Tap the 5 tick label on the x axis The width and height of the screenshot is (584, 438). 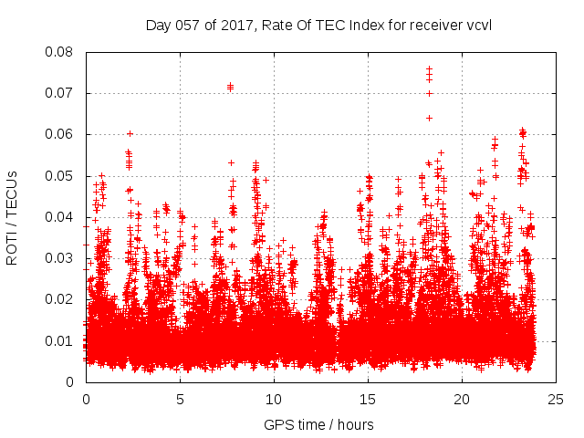(x=180, y=399)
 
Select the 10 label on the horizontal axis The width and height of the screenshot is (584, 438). (x=274, y=399)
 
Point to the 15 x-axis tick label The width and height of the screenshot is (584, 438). (x=368, y=399)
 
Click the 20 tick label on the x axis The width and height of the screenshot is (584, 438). (x=462, y=399)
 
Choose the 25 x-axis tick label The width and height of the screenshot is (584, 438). (x=556, y=399)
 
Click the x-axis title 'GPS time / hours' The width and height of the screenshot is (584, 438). (x=320, y=424)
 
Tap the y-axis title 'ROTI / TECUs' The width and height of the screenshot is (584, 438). (x=12, y=217)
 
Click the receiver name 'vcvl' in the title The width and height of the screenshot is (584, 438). (x=479, y=25)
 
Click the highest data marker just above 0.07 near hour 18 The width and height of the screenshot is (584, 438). (x=429, y=68)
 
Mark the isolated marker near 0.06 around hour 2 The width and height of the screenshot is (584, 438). (x=130, y=133)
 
